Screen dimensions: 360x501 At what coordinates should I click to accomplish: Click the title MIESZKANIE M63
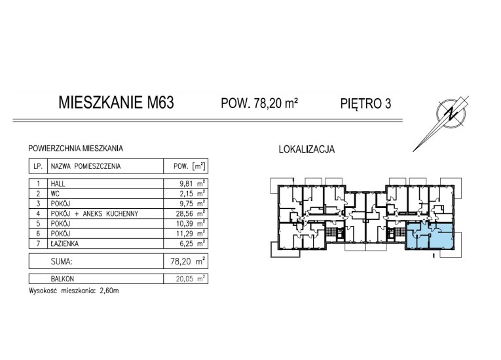[116, 103]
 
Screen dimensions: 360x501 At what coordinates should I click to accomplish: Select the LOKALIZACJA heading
[306, 149]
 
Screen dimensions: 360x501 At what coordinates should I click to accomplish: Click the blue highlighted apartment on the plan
[430, 236]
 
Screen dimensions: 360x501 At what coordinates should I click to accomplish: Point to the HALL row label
[59, 184]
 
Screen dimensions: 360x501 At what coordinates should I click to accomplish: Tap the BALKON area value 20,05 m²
[192, 278]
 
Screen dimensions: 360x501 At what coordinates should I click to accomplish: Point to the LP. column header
[39, 166]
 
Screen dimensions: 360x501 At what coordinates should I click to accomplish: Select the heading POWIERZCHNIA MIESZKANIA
[72, 149]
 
